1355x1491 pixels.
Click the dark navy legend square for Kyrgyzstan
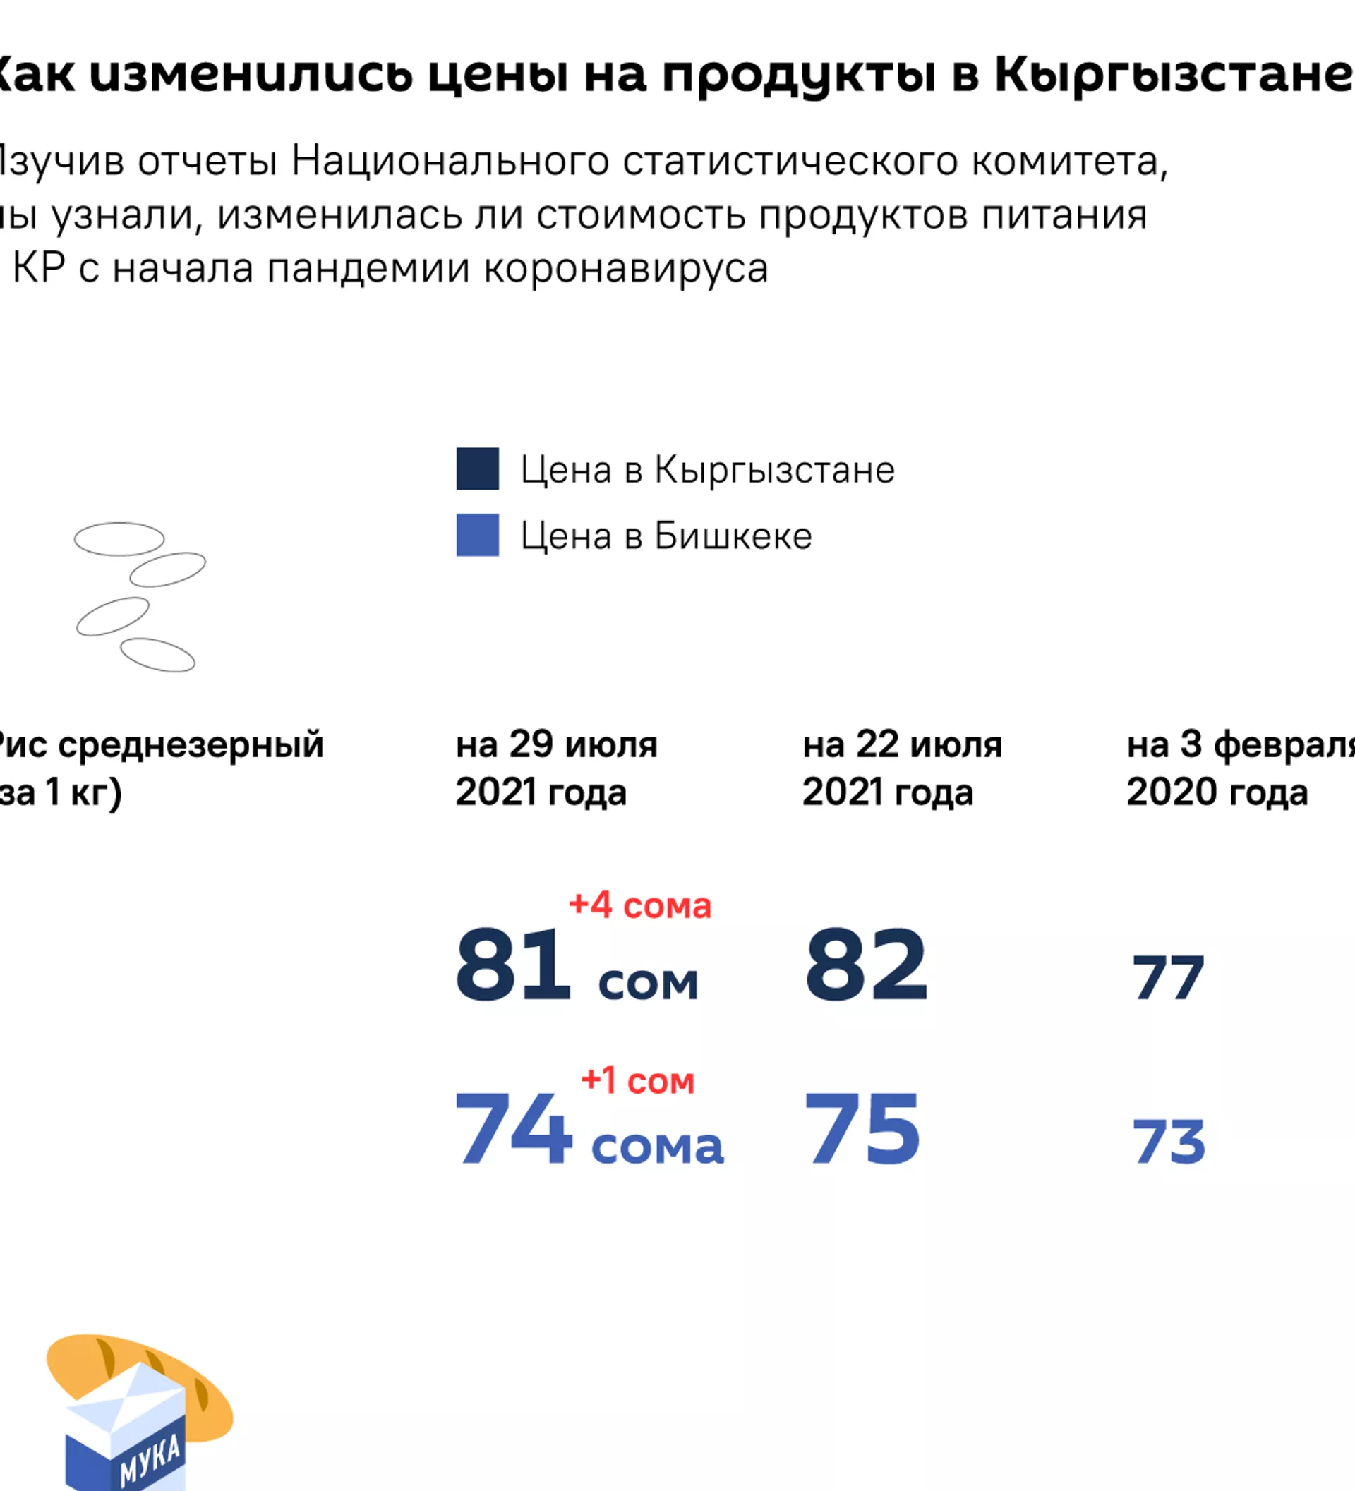coord(477,469)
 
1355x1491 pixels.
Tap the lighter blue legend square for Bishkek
coord(477,535)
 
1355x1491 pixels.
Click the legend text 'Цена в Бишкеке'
coord(666,536)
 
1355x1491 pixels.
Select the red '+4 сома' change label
coord(640,905)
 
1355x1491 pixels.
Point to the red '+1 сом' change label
coord(637,1080)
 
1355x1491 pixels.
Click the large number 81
coord(512,965)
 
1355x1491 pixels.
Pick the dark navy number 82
coord(865,965)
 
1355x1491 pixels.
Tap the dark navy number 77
coord(1168,978)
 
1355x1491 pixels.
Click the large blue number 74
coord(513,1128)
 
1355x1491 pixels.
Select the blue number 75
coord(862,1128)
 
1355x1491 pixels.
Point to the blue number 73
coord(1169,1142)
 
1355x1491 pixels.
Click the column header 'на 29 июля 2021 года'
coord(556,768)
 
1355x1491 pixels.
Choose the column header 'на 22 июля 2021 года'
coord(902,768)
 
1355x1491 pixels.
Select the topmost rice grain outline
coord(119,538)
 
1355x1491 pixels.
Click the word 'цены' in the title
coord(498,75)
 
